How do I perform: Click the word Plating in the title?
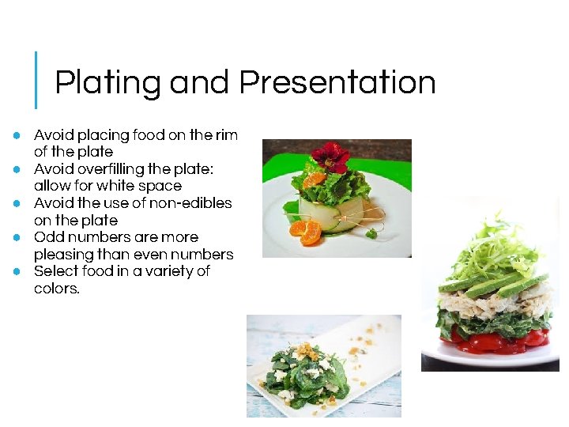click(107, 83)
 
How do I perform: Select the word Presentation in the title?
click(337, 82)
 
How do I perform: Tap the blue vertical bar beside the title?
click(36, 80)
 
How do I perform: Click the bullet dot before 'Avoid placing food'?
click(16, 135)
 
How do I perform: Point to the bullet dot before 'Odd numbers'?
click(16, 237)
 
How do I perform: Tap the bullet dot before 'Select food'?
click(16, 271)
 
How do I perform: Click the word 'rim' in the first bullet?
click(227, 135)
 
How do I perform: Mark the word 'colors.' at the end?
click(57, 289)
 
